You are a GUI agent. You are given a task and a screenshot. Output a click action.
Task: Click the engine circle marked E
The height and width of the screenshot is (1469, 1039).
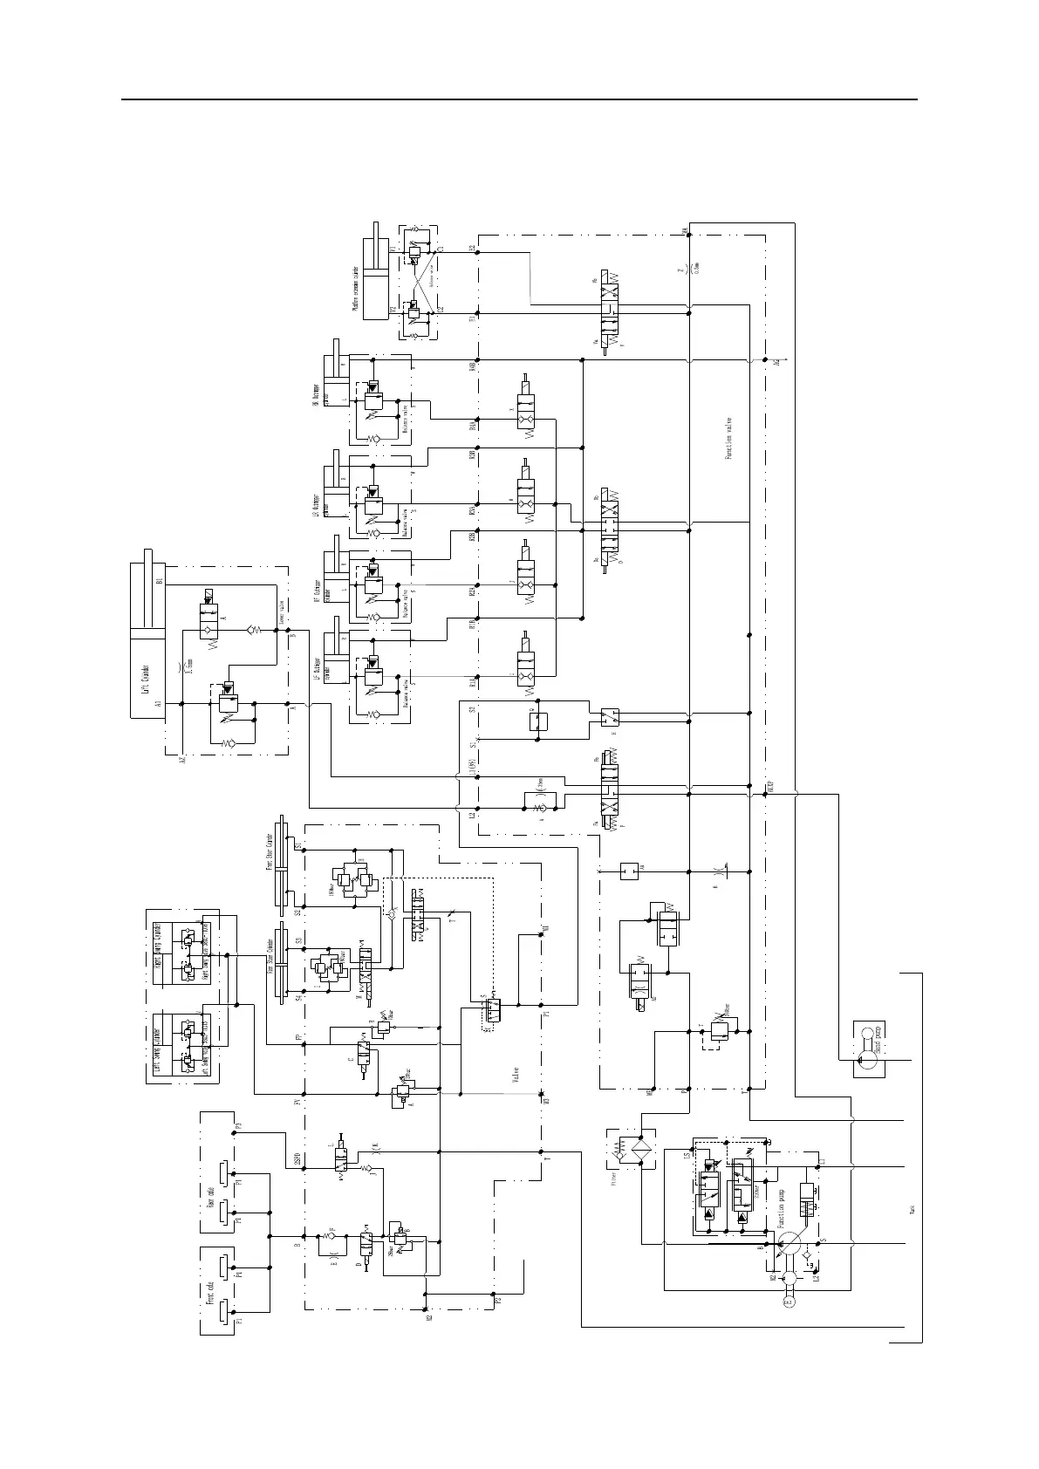pyautogui.click(x=788, y=1302)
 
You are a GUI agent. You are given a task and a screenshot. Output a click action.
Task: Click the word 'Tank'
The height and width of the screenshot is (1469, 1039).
pyautogui.click(x=913, y=1209)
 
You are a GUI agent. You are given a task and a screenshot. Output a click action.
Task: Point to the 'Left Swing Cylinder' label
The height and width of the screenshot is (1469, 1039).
pyautogui.click(x=157, y=1046)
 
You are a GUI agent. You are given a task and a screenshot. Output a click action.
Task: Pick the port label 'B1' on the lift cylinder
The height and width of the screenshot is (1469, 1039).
pyautogui.click(x=160, y=580)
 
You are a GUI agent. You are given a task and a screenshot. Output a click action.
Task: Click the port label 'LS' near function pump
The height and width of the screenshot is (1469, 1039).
pyautogui.click(x=687, y=1155)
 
